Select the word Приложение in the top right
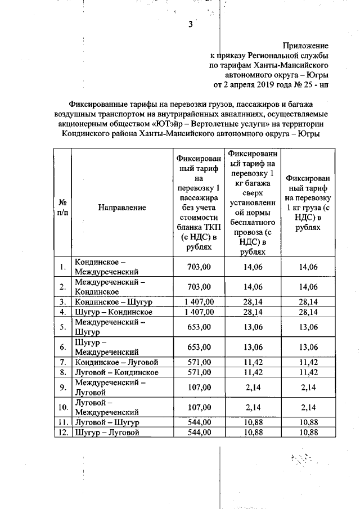pos(305,44)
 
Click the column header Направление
pos(122,207)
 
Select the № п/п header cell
pos(62,207)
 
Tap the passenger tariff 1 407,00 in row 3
pos(199,302)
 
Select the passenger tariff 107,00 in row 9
pos(199,387)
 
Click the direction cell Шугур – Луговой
pos(107,432)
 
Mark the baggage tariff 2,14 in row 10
pos(253,407)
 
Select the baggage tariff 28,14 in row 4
pos(253,312)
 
